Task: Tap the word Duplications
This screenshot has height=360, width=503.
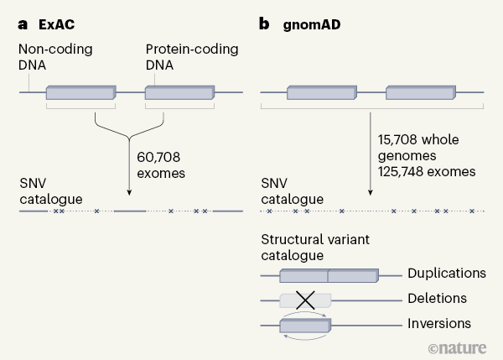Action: (446, 274)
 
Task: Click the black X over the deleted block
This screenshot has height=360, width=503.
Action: (306, 300)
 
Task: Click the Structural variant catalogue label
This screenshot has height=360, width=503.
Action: (314, 248)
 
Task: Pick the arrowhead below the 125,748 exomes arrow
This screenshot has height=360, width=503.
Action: (370, 196)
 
